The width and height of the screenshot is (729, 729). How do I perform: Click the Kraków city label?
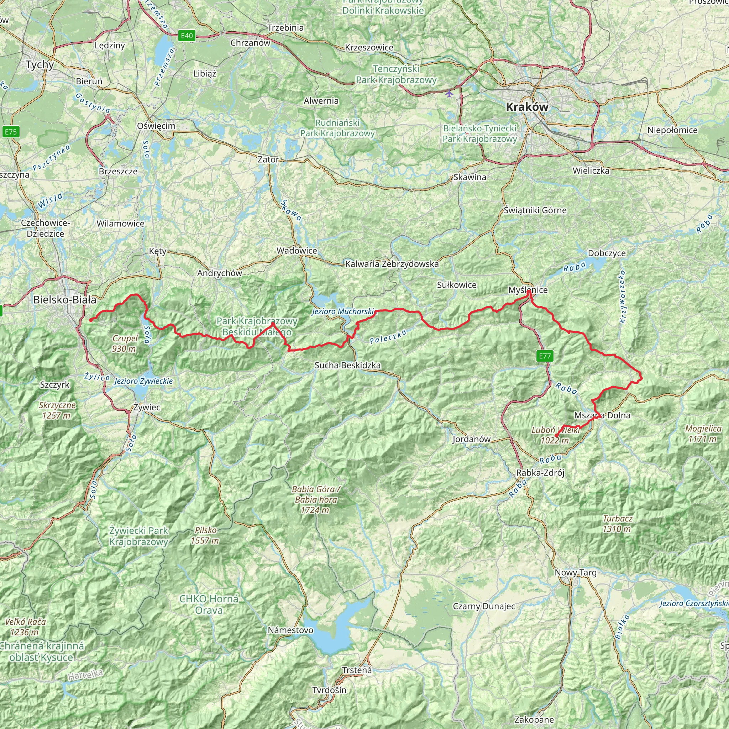pos(527,107)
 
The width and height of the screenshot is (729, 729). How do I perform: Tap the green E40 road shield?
pos(187,36)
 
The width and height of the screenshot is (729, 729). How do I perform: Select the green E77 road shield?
pos(545,356)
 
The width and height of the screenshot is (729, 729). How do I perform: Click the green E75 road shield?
pos(11,132)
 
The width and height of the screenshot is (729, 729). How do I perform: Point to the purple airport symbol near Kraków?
pos(449,93)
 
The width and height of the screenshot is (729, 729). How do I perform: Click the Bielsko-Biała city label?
pos(64,300)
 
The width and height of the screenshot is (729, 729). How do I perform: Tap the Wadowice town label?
pos(297,251)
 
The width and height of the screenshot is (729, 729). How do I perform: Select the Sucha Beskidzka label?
pos(347,365)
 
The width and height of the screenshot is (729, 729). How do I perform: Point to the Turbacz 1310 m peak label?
pos(617,524)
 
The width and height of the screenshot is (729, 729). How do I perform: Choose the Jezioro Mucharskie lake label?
pos(343,312)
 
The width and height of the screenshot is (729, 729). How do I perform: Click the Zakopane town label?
pos(534,719)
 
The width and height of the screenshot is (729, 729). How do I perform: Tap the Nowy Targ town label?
pos(576,572)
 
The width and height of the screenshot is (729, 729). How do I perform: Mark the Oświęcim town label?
pos(156,126)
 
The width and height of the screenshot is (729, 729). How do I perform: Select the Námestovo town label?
pos(290,630)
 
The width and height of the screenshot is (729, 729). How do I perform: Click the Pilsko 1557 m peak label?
pos(205,535)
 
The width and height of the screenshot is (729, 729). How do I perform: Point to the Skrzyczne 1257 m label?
pos(57,410)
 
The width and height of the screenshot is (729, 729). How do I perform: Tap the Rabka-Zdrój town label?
pos(540,473)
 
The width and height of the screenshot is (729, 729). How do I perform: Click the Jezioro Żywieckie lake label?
pos(143,381)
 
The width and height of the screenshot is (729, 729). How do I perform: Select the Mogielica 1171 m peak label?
pos(703,434)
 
